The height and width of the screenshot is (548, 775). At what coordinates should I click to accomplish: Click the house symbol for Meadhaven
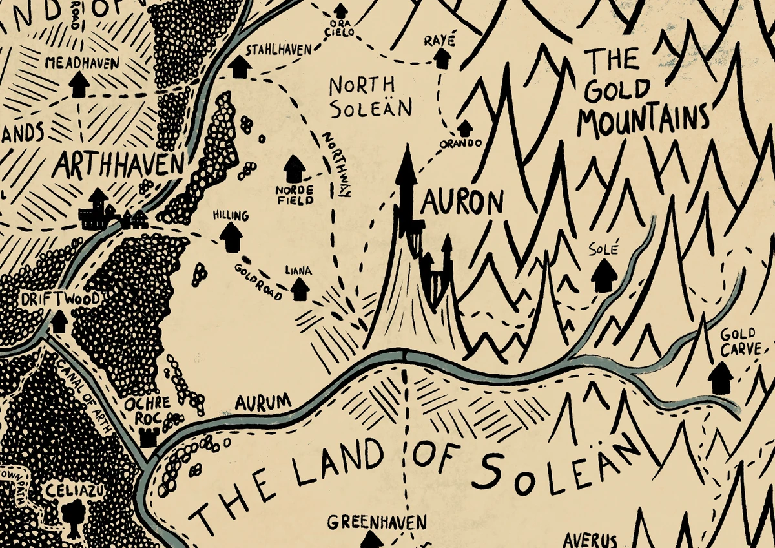point(79,84)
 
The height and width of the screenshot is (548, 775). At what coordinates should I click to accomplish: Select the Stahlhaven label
point(279,49)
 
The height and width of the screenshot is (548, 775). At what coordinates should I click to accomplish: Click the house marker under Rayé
point(442,58)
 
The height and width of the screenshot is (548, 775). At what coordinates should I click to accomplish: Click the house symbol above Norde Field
point(294,169)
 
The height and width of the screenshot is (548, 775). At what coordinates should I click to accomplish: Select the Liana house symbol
point(299,289)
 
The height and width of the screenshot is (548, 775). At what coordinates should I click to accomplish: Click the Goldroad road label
point(258,281)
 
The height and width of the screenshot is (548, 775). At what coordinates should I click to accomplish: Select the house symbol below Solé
point(603,276)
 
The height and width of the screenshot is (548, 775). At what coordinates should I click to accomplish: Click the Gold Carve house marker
point(720,378)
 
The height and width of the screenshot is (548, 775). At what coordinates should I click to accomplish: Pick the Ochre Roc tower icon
point(149,437)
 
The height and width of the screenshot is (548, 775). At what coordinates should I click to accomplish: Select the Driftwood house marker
point(59,321)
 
